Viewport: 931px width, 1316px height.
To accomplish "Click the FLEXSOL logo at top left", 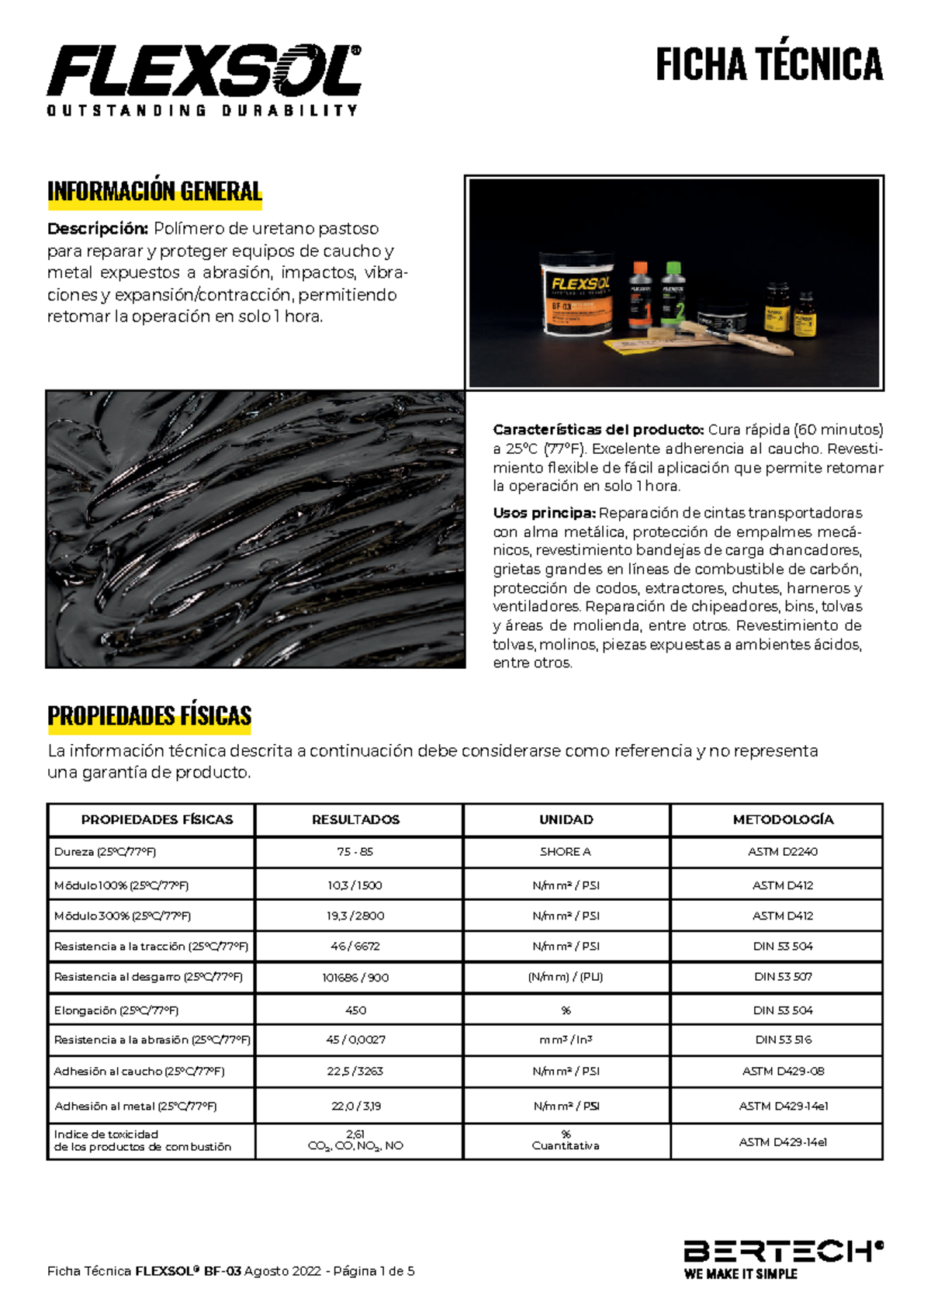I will click(x=204, y=79).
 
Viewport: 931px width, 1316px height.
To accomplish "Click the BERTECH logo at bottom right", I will click(x=782, y=1259).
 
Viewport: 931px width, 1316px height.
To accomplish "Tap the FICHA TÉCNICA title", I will click(x=769, y=64).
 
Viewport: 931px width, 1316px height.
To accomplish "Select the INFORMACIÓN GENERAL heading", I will click(x=154, y=192).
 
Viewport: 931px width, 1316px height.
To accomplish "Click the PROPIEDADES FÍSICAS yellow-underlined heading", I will click(x=149, y=715).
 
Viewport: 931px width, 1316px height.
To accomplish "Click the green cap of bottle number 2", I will click(x=673, y=268).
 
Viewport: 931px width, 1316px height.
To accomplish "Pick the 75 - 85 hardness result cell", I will click(x=355, y=852).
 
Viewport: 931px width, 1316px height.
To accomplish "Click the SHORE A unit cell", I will click(x=566, y=852).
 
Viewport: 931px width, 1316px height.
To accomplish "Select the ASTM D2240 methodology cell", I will click(x=782, y=852).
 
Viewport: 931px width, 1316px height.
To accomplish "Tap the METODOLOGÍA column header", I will click(x=782, y=819).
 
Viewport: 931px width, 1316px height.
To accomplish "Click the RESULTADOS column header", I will click(x=355, y=819).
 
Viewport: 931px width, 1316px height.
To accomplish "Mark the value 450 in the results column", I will click(x=355, y=1010).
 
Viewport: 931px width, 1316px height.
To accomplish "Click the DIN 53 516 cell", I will click(x=783, y=1040).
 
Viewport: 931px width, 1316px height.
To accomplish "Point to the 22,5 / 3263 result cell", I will click(x=355, y=1072).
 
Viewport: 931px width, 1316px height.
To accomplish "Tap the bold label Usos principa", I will click(x=544, y=513).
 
